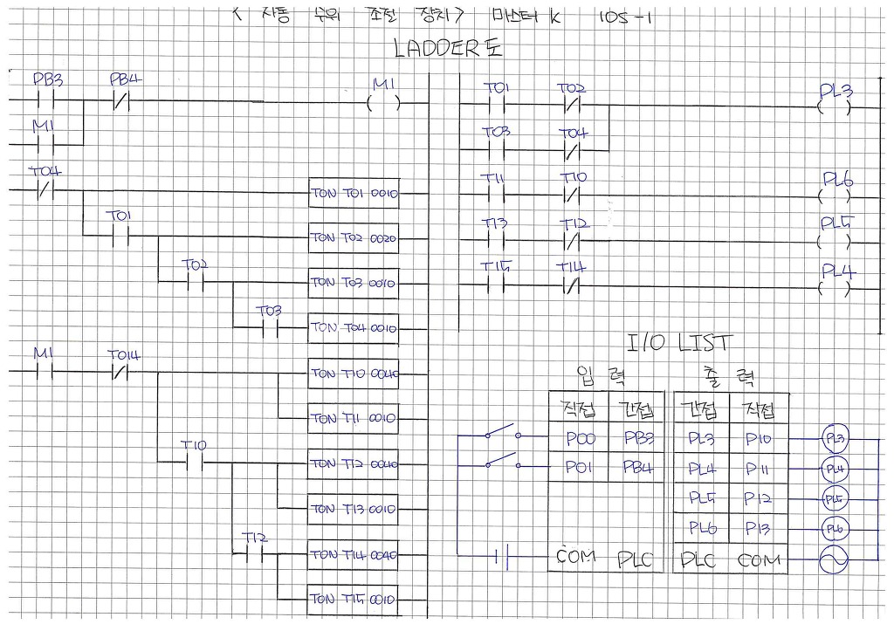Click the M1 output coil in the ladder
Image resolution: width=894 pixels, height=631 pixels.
[384, 102]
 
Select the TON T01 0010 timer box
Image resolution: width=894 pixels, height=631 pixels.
[354, 193]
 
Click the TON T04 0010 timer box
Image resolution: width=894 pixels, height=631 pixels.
[354, 328]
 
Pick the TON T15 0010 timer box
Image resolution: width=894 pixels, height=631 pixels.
[354, 600]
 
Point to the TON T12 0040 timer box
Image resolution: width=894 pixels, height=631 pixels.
[354, 463]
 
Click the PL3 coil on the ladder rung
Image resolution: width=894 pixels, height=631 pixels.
[835, 108]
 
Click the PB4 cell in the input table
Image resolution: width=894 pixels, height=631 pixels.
[637, 468]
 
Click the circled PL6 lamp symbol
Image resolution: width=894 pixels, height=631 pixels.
[835, 529]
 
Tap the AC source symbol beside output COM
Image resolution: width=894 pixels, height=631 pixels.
[835, 559]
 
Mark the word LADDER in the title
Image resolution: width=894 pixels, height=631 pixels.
[437, 49]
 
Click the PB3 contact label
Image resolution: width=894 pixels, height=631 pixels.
[48, 80]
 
